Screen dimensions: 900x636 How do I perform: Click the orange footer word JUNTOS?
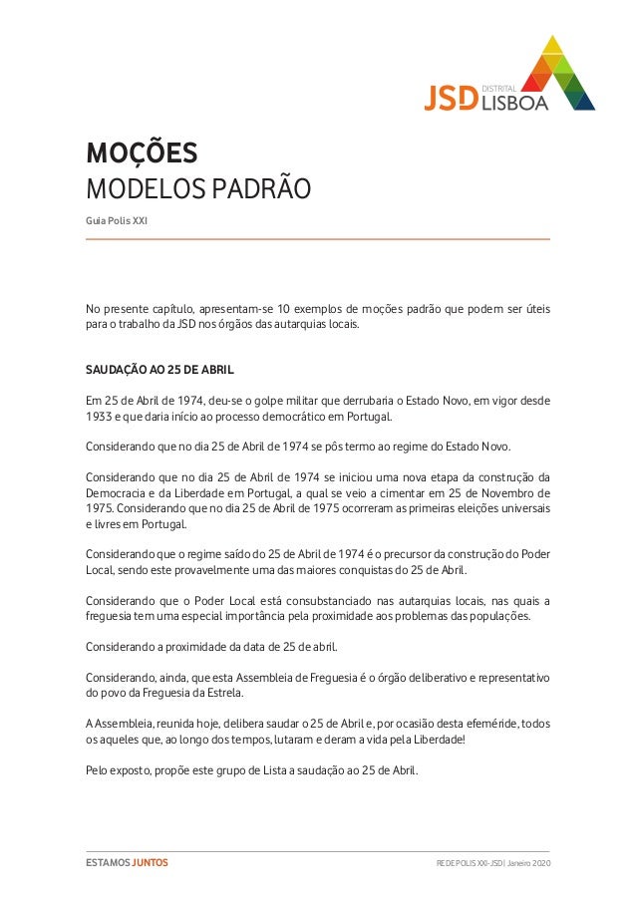coord(151,862)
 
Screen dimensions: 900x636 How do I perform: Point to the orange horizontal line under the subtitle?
coord(318,239)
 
